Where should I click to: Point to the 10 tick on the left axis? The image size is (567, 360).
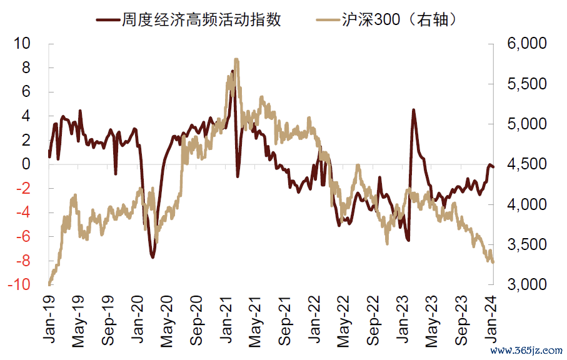pos(22,44)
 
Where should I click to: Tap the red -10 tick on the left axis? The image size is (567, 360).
pos(19,284)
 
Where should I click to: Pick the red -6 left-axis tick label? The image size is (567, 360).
pos(23,236)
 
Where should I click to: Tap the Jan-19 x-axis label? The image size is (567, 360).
pos(49,318)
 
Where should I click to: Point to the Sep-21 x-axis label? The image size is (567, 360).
pos(286,319)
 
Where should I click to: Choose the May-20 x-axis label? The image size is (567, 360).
pos(168,319)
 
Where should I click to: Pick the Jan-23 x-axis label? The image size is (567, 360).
pos(404,318)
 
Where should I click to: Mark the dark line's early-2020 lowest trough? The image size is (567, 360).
pos(153,257)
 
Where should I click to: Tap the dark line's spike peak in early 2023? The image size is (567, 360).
pos(413,110)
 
